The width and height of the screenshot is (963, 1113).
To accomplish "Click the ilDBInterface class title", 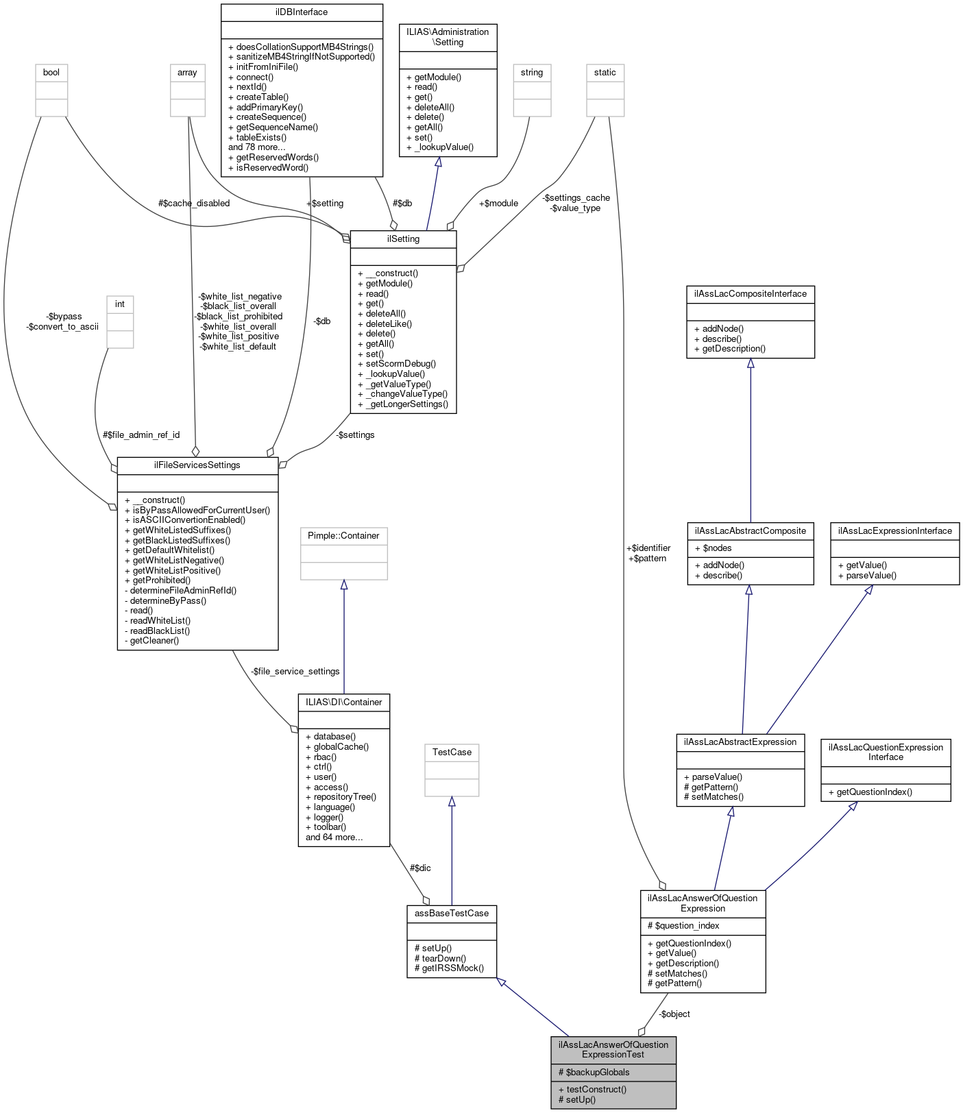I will pyautogui.click(x=302, y=12).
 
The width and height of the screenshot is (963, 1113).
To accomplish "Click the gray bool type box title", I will pyautogui.click(x=51, y=73).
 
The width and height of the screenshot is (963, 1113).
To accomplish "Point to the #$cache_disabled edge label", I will pyautogui.click(x=194, y=203).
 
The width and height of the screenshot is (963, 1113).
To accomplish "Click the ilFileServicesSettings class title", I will pyautogui.click(x=197, y=465).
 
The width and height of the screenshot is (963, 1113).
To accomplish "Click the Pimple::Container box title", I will pyautogui.click(x=343, y=536).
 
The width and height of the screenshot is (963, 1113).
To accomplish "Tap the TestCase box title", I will pyautogui.click(x=452, y=753).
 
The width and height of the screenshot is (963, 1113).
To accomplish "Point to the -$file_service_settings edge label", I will pyautogui.click(x=295, y=672).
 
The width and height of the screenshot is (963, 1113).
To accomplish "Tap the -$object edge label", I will pyautogui.click(x=674, y=1014).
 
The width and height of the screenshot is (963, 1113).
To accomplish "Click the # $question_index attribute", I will pyautogui.click(x=687, y=926).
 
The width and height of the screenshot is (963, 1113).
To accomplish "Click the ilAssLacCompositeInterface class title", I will pyautogui.click(x=751, y=294).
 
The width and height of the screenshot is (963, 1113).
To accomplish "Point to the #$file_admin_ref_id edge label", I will pyautogui.click(x=141, y=435).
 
